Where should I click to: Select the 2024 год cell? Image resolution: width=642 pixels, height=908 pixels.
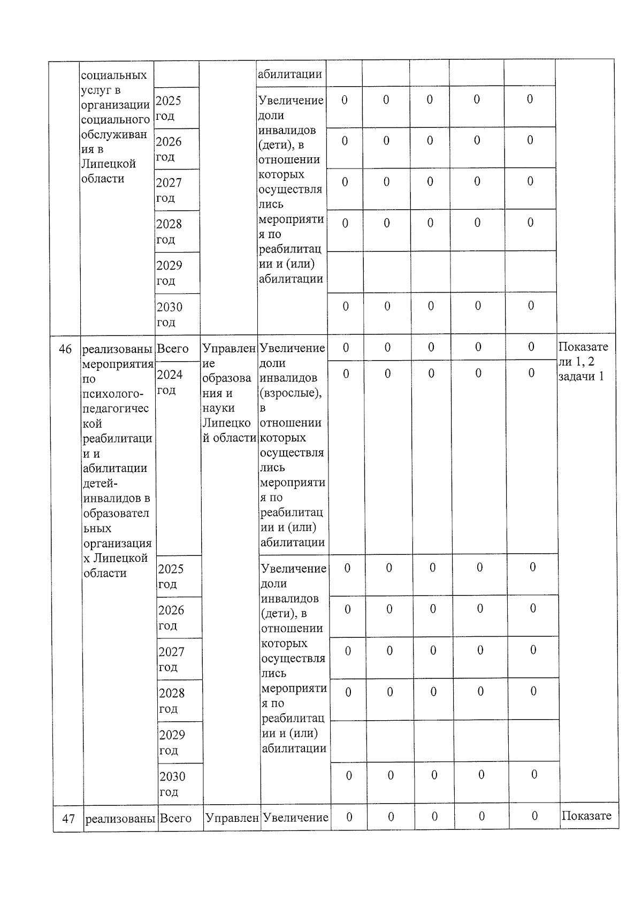point(170,381)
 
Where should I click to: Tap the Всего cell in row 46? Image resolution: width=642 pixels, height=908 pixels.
point(173,349)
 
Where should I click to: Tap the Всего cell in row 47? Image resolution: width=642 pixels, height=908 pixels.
point(176,818)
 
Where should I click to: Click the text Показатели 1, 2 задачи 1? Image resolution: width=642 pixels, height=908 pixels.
point(583,361)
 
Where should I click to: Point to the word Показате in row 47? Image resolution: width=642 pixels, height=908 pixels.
point(586,815)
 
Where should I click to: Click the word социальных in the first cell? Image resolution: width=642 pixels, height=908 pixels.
point(114,75)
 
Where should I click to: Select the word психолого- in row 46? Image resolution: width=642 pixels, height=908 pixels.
point(113,394)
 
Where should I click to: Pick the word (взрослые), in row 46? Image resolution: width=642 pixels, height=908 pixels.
point(291,393)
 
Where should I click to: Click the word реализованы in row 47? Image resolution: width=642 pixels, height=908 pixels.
point(120,818)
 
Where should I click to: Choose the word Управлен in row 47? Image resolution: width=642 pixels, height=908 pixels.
point(232,818)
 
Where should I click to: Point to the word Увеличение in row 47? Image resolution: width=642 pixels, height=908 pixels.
point(295,818)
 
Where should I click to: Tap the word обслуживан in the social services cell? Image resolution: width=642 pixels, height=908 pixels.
point(114,134)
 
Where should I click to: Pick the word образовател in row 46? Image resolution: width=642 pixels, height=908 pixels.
point(117,513)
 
